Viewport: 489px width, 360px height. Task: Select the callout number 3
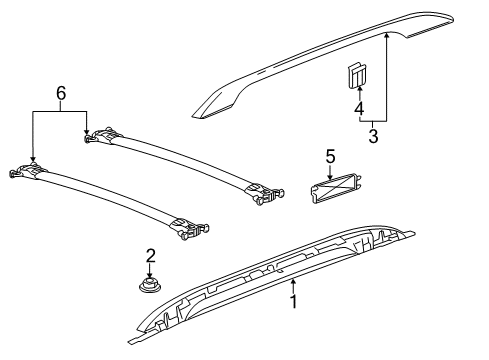tap(372, 135)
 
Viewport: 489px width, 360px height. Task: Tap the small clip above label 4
tap(355, 74)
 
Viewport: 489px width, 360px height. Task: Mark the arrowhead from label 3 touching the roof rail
tap(386, 34)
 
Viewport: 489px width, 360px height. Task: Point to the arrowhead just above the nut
tap(150, 277)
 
